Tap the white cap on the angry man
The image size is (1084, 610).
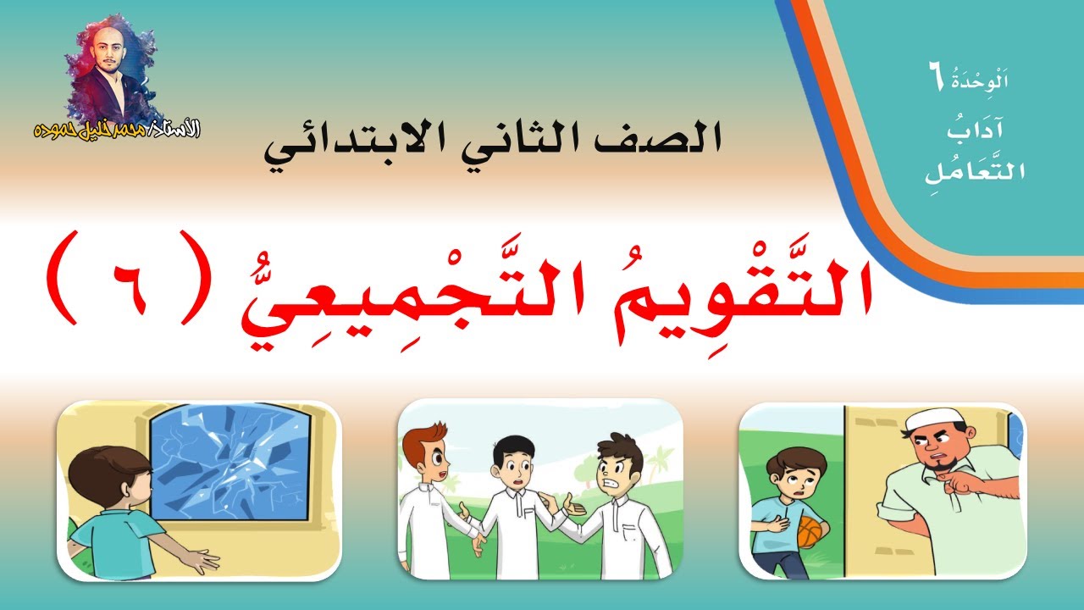pyautogui.click(x=929, y=421)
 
